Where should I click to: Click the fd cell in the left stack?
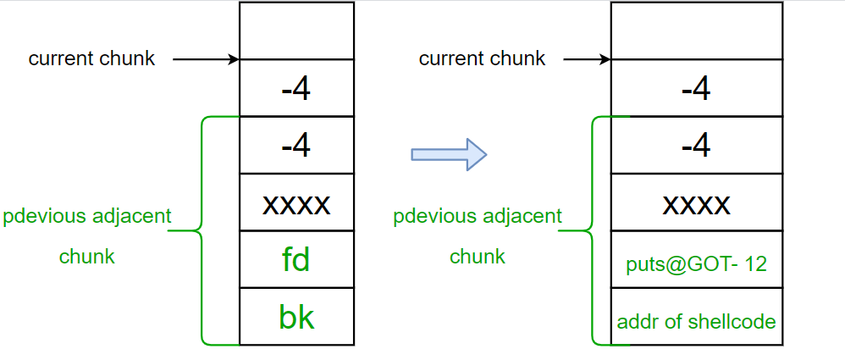tap(296, 259)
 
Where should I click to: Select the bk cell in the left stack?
tap(296, 317)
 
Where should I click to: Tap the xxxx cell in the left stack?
tap(296, 202)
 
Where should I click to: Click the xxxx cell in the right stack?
tap(696, 202)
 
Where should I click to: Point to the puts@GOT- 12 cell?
tap(696, 264)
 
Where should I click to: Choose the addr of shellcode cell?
tap(696, 322)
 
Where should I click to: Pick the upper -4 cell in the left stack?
tap(296, 88)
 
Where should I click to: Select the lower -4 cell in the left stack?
tap(296, 146)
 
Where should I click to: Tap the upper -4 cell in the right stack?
tap(696, 88)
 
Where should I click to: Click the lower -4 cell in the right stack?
tap(696, 146)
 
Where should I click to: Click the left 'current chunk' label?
tap(91, 59)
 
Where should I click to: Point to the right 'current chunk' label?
tap(482, 59)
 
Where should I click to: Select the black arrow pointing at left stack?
tap(207, 59)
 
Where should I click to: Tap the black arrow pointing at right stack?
tap(587, 59)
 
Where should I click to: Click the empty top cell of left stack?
tap(296, 30)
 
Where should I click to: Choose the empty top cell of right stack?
tap(696, 30)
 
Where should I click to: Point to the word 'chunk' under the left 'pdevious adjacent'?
tap(87, 257)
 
